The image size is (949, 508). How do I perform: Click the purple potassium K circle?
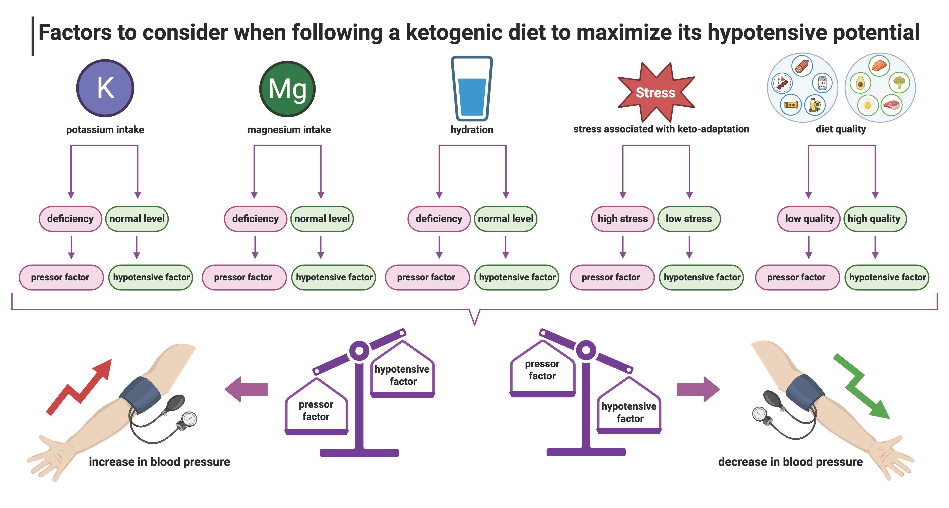coord(105,88)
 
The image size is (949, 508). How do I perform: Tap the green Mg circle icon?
coord(287,89)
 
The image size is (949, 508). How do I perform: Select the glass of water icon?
coord(472,88)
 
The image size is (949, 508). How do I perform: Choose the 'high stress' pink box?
coord(623,219)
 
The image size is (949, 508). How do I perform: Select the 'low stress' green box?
coord(689,219)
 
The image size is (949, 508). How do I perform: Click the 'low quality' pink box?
coord(809,219)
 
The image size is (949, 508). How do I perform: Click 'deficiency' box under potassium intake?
coord(70,219)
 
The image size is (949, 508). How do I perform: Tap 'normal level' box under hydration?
coord(505,219)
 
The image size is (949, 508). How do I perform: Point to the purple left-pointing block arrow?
coord(246,389)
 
